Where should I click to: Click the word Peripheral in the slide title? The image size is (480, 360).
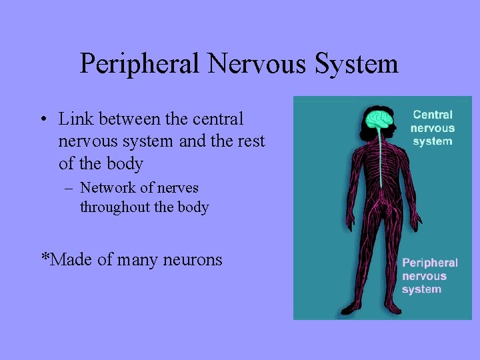[139, 64]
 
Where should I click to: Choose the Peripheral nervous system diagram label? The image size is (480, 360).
[429, 276]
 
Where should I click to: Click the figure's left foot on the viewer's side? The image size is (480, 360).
[351, 309]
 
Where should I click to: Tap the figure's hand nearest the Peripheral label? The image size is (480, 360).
[417, 219]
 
